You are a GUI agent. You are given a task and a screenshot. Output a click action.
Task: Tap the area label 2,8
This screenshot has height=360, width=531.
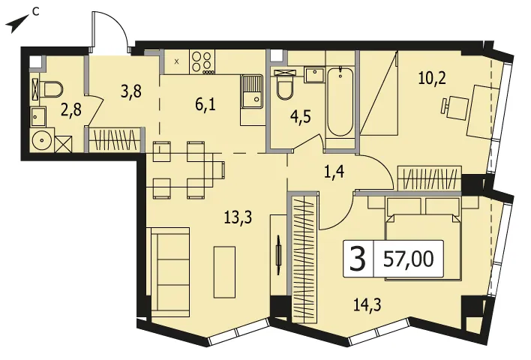(x=70, y=110)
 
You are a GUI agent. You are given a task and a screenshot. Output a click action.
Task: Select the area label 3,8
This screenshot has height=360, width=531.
(x=130, y=91)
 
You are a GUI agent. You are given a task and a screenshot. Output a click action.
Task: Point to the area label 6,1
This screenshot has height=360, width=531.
(x=205, y=105)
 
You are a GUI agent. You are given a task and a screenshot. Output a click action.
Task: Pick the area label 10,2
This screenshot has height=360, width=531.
(x=432, y=79)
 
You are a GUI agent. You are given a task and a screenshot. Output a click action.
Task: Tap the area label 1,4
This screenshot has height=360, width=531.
(x=334, y=172)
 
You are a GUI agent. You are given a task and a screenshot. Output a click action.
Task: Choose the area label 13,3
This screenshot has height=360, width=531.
(x=238, y=217)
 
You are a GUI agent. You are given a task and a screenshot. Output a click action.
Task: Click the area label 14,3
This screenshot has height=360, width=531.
(x=367, y=304)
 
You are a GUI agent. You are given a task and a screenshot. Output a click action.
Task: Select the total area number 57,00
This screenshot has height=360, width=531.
(x=409, y=259)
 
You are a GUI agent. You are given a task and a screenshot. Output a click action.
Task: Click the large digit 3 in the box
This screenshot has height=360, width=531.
(x=358, y=259)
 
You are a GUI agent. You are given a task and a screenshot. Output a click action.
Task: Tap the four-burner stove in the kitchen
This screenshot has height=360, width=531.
(x=202, y=62)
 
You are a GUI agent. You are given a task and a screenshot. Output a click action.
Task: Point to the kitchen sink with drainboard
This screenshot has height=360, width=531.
(x=251, y=91)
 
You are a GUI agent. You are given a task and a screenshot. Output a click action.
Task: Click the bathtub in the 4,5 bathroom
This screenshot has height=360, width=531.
(x=340, y=102)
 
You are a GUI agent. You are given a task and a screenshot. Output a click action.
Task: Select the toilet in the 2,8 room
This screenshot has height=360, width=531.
(x=51, y=89)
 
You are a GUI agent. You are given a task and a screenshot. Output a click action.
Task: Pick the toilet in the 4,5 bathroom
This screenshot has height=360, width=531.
(x=284, y=84)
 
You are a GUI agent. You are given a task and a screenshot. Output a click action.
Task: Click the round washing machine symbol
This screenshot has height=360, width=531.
(x=42, y=139)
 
